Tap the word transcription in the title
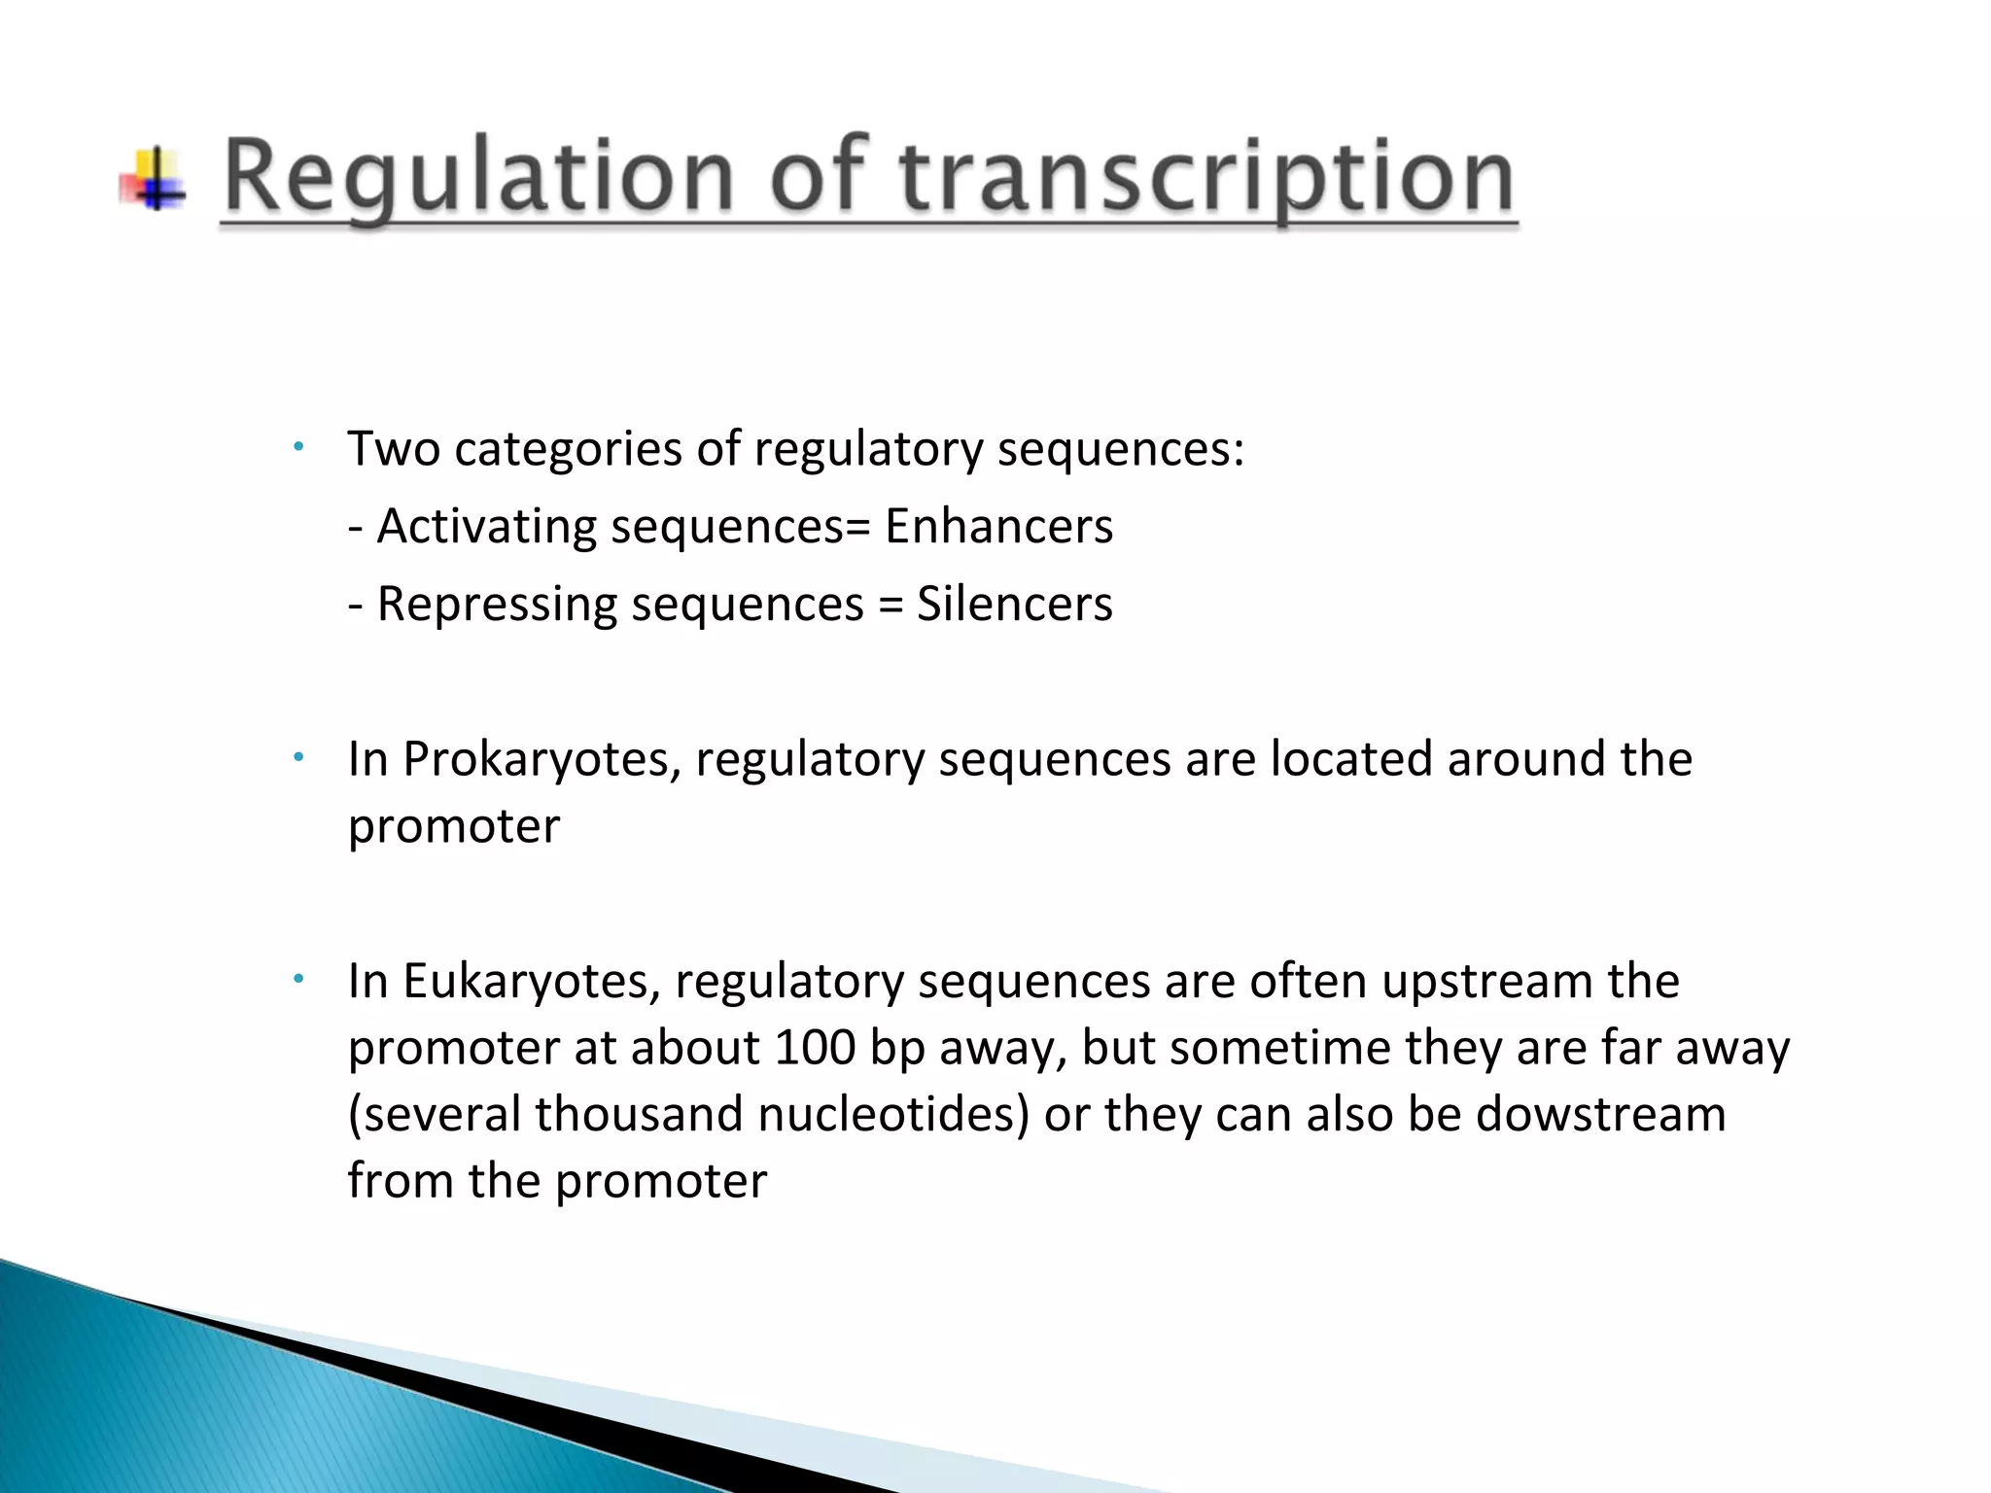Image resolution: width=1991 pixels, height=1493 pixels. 1205,177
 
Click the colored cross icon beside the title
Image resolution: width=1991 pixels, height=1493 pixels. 154,179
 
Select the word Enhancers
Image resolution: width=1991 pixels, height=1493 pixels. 998,527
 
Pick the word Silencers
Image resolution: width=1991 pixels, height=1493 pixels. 1014,604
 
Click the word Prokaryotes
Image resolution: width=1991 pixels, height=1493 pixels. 541,759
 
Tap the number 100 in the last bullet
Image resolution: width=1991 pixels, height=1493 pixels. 815,1048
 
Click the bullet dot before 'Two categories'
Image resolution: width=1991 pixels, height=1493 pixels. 299,446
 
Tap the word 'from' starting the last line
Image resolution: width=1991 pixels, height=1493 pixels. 401,1181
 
